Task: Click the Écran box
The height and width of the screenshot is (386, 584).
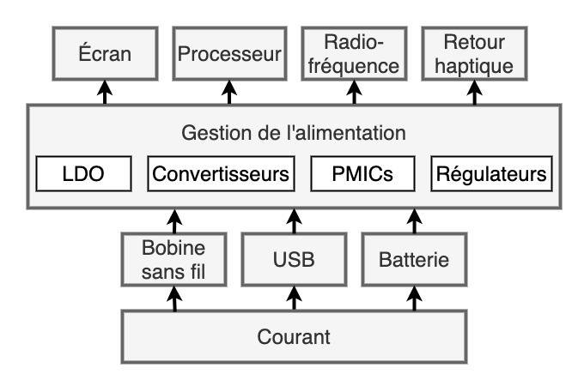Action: pyautogui.click(x=105, y=54)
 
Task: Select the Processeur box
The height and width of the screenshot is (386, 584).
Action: pyautogui.click(x=229, y=54)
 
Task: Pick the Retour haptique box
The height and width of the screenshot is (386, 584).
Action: pyautogui.click(x=475, y=54)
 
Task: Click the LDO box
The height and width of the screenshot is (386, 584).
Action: pyautogui.click(x=83, y=175)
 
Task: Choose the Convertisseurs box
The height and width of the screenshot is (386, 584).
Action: pyautogui.click(x=221, y=175)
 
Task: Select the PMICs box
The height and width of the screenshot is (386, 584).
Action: pyautogui.click(x=362, y=175)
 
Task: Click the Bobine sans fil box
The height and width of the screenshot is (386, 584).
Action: pyautogui.click(x=175, y=260)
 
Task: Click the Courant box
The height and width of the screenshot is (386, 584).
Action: pyautogui.click(x=294, y=336)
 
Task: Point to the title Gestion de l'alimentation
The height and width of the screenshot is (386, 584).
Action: pyautogui.click(x=294, y=134)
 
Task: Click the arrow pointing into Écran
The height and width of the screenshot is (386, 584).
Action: pyautogui.click(x=105, y=92)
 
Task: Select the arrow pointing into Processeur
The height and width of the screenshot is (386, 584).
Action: pyautogui.click(x=229, y=92)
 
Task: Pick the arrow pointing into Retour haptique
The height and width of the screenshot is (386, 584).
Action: pyautogui.click(x=475, y=92)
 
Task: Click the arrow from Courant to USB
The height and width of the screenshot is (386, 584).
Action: pyautogui.click(x=294, y=299)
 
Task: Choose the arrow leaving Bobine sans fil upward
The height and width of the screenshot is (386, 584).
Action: pyautogui.click(x=175, y=220)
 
